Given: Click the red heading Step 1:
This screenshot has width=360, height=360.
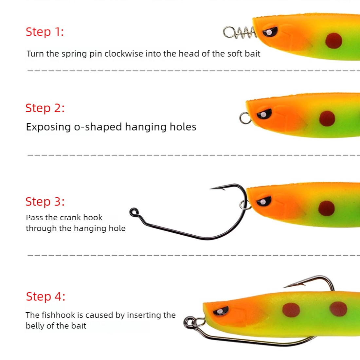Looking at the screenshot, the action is coord(45,32).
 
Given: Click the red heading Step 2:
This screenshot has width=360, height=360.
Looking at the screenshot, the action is coord(45,108).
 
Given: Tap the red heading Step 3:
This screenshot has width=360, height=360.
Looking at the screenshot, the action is coord(45,202).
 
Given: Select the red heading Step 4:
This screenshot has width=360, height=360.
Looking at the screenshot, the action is coord(45,297).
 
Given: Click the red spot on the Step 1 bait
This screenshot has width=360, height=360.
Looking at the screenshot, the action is coord(333,41).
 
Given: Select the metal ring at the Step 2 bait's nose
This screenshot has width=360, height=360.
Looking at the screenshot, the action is coord(245,118).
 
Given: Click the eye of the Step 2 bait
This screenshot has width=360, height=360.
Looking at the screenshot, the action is coord(264,114).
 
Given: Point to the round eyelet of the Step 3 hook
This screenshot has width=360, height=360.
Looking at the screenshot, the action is coord(134,212).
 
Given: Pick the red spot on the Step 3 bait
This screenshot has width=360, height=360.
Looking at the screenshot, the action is coord(326,208).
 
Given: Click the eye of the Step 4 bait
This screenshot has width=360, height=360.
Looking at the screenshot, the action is coord(221,311).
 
